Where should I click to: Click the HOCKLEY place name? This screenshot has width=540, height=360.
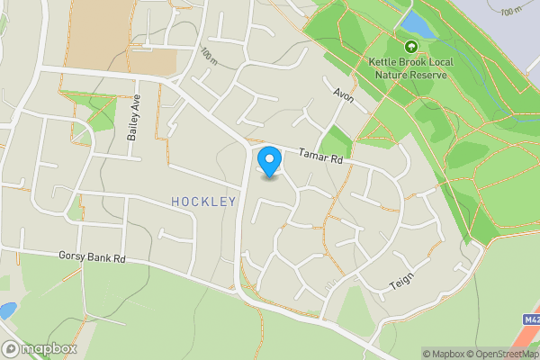tap(203, 202)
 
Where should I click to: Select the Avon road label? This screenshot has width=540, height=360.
tap(344, 94)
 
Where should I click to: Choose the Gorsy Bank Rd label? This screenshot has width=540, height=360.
tap(91, 257)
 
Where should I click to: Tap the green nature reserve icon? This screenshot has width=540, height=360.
tap(411, 46)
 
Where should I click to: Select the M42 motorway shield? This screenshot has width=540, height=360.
tap(530, 319)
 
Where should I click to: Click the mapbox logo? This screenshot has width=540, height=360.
tap(40, 349)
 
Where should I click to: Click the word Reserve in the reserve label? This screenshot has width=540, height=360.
tap(428, 76)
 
